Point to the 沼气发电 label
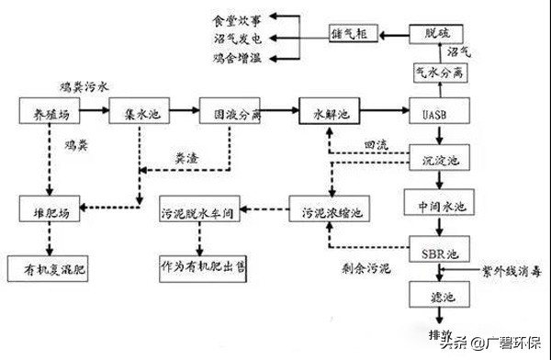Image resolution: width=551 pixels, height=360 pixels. pyautogui.click(x=238, y=37)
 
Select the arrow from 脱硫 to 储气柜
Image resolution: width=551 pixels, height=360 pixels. pyautogui.click(x=394, y=34)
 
